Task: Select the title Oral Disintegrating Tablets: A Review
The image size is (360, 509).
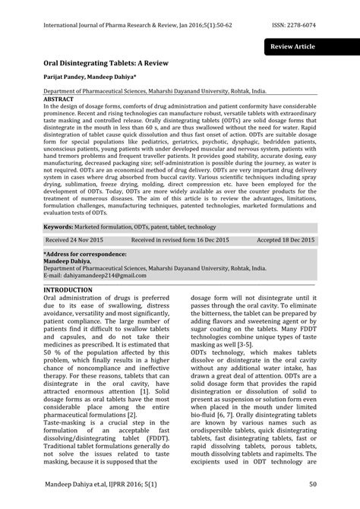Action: point(103,66)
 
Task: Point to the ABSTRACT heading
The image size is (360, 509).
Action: point(58,99)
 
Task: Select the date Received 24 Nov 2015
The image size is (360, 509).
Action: point(75,239)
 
